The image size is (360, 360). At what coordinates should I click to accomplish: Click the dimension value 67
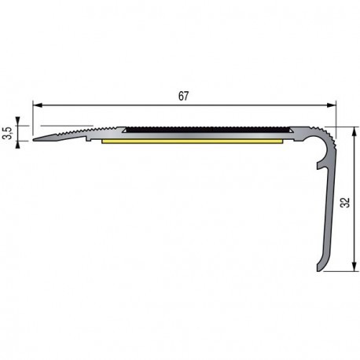point(183,96)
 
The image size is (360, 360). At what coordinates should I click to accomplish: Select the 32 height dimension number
point(345,202)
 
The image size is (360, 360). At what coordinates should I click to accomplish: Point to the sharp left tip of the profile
point(35,141)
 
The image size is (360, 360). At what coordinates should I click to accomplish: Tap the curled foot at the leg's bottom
point(321,266)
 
